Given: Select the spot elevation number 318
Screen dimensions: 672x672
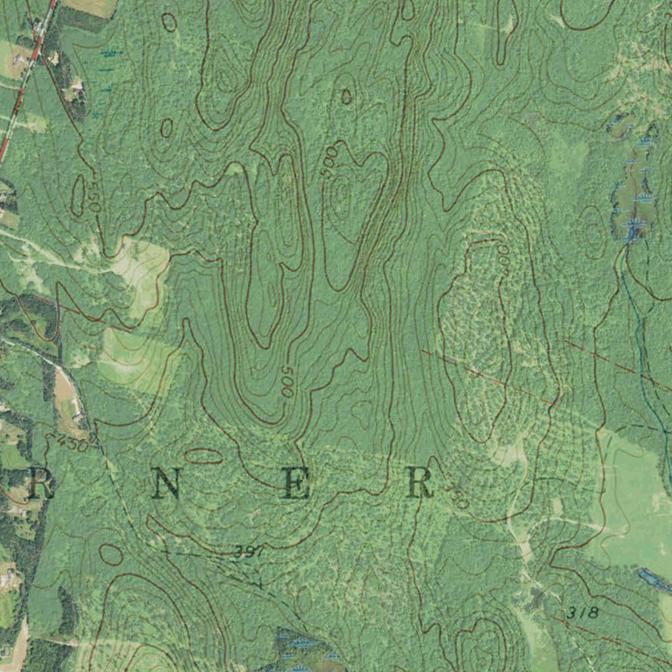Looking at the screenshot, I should (x=583, y=612).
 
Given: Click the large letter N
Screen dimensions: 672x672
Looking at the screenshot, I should (x=167, y=486).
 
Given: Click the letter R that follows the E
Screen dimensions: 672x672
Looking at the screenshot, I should (x=419, y=484).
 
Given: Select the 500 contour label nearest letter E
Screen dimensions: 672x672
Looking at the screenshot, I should (x=287, y=381).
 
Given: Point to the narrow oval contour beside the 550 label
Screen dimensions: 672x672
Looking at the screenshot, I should (x=78, y=194).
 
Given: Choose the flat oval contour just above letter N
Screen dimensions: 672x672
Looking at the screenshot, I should (x=203, y=455).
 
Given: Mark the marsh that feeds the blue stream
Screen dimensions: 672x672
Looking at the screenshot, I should (x=633, y=190).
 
